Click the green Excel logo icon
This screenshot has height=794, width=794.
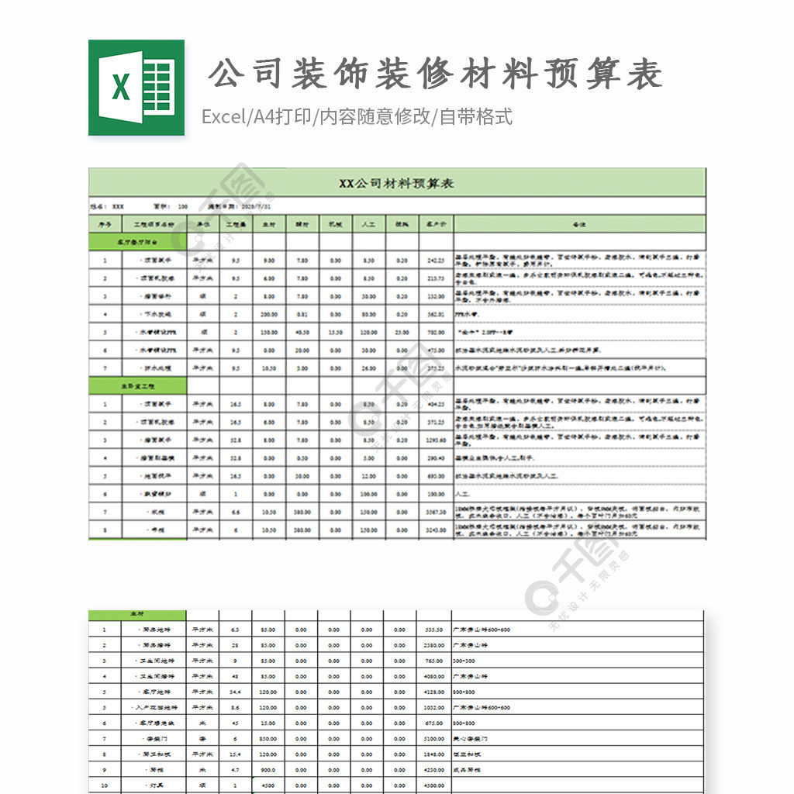[136, 87]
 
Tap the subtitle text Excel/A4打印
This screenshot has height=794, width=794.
[257, 117]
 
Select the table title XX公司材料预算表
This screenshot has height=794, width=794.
[396, 183]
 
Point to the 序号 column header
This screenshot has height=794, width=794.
[105, 224]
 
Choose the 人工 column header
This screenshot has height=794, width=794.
[368, 224]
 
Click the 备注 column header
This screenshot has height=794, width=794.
[578, 224]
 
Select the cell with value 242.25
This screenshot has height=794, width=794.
[436, 261]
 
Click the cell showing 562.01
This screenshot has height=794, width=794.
[436, 314]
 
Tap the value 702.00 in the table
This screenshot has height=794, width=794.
[436, 332]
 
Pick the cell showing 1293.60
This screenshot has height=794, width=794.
[436, 440]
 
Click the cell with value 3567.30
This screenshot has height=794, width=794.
[436, 513]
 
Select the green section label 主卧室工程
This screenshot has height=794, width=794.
[137, 386]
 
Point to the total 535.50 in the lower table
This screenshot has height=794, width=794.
[434, 630]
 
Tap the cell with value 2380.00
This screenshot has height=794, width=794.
[434, 645]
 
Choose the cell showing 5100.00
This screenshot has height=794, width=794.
[434, 738]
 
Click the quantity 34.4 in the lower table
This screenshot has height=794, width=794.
[236, 692]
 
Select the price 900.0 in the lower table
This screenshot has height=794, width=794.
[268, 769]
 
